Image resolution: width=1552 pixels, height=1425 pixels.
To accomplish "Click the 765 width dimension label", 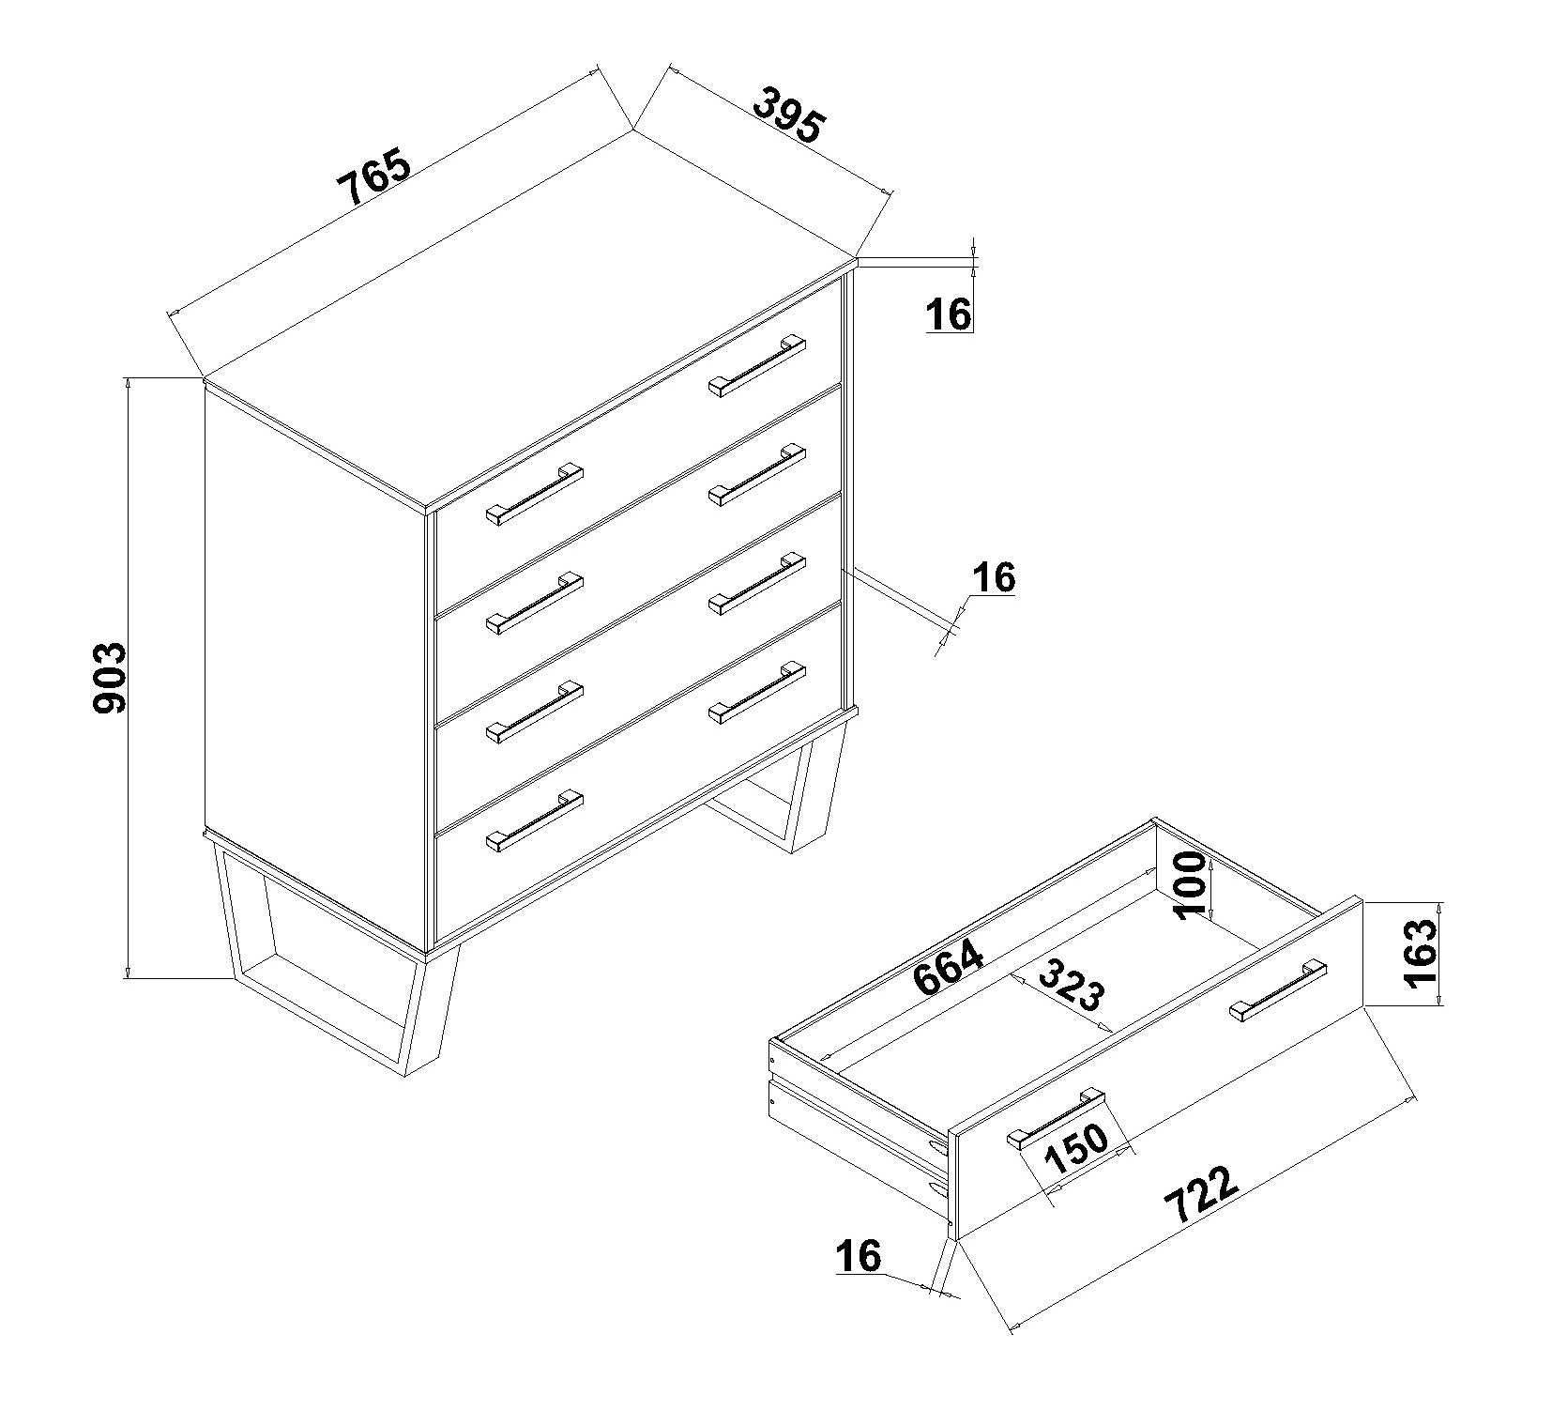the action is coord(374,176).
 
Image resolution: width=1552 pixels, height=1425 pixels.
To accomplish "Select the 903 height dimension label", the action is coord(110,678).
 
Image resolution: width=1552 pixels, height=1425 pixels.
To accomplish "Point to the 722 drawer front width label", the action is coord(1201,1194).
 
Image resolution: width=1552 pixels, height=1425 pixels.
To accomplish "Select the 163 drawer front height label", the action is coord(1421,953).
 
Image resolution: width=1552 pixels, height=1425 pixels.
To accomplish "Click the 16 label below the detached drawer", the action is coord(859,1255).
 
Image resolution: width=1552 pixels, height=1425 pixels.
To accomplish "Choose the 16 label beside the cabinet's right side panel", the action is coord(994,577).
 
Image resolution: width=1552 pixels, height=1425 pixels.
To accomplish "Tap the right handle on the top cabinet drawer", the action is coord(756,365).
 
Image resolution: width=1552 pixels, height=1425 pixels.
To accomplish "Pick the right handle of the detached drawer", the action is coord(1277,991).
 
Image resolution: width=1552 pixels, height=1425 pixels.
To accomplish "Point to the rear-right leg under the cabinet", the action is coord(777,790).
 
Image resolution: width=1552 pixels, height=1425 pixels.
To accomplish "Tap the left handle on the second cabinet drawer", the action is coord(534,603).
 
